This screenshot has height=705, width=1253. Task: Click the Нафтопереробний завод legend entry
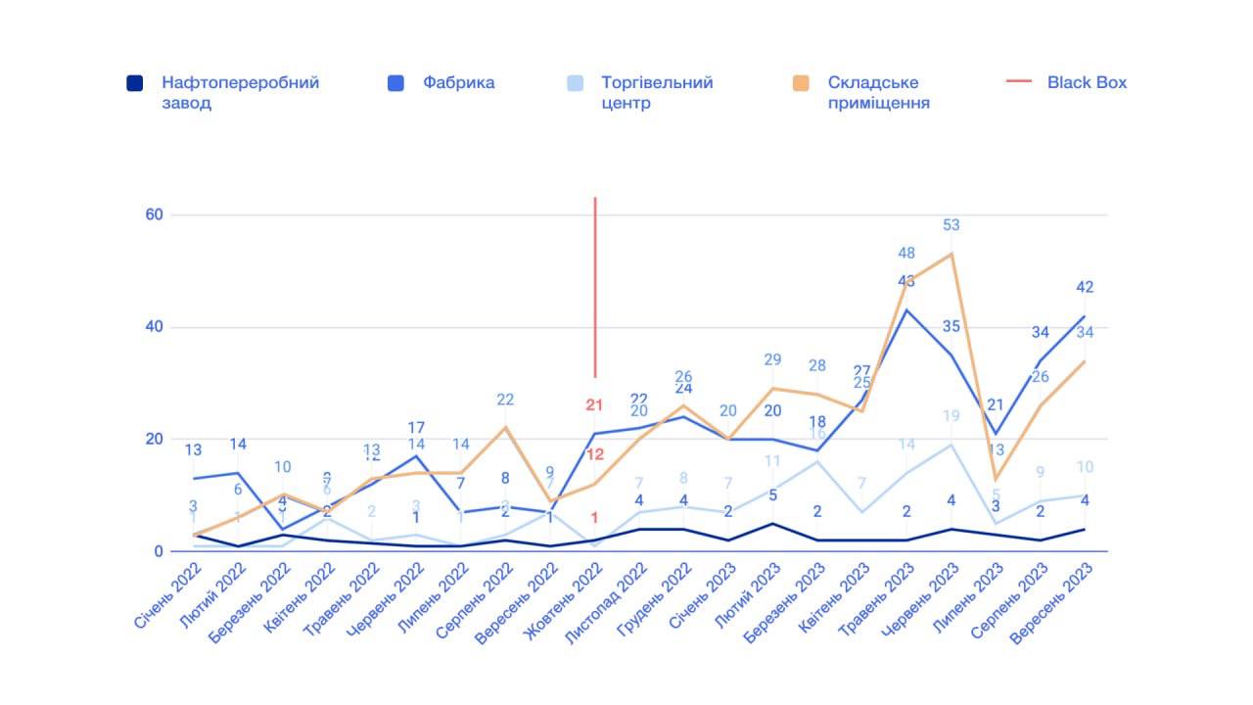[x=240, y=92]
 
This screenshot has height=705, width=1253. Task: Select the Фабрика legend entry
[x=458, y=83]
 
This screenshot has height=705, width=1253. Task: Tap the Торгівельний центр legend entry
[x=657, y=92]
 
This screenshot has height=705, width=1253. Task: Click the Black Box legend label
[x=1087, y=83]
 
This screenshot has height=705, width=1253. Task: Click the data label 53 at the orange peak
[x=951, y=225]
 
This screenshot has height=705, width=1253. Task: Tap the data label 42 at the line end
[x=1085, y=287]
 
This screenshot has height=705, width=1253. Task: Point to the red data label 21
[x=594, y=404]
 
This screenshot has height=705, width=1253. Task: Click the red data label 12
[x=594, y=454]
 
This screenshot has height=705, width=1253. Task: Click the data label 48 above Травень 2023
[x=906, y=254]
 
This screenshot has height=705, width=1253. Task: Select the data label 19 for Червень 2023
[x=951, y=416]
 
